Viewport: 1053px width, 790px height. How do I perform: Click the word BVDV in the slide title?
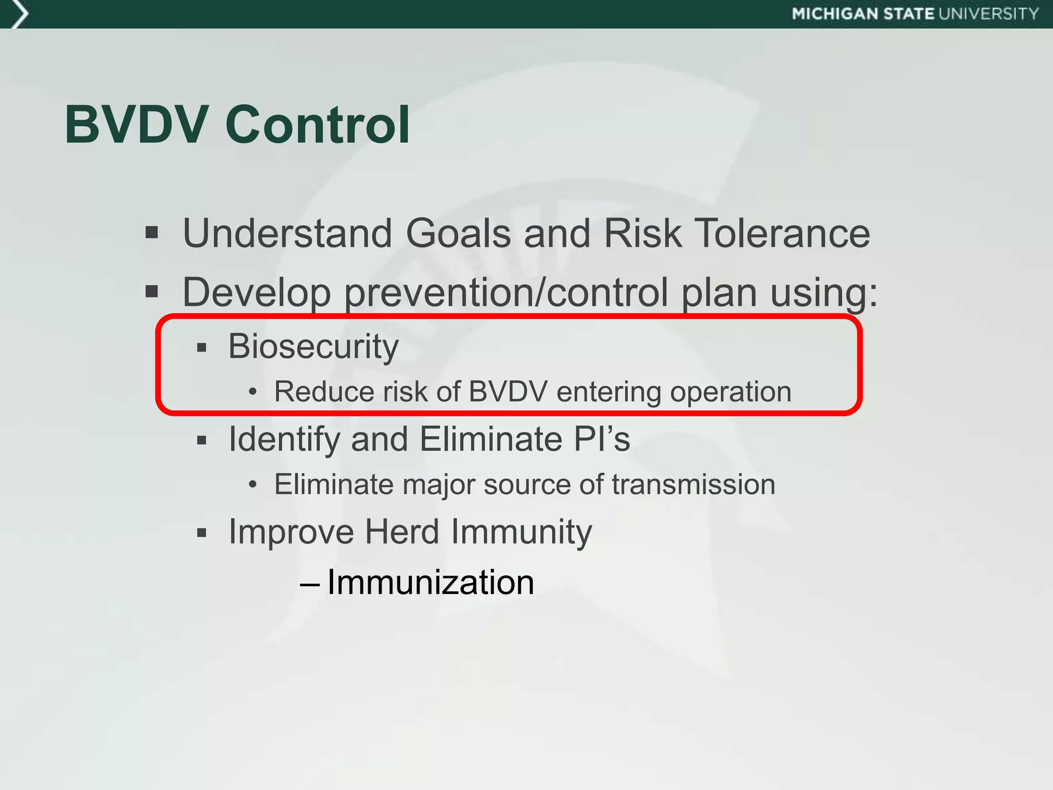pos(137,125)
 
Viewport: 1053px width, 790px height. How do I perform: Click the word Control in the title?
pos(318,125)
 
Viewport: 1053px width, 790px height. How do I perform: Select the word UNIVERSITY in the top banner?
pos(989,14)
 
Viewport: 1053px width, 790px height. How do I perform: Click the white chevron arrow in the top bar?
pos(19,14)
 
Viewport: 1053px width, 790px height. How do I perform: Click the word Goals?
pos(458,234)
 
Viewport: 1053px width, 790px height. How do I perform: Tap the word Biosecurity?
pos(314,347)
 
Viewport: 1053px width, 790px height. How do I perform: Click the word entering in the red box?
pos(608,392)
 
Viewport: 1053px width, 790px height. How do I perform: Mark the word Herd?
pos(402,532)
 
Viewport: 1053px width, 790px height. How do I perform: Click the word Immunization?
pos(431,583)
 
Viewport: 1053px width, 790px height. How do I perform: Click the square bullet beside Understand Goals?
pos(151,233)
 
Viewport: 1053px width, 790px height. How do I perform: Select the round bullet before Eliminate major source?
pos(252,484)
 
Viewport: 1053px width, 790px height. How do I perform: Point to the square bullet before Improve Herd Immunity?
pos(202,533)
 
